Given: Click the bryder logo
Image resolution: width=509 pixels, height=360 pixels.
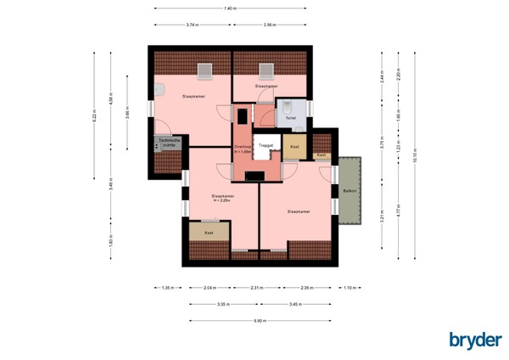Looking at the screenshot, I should click(474, 340).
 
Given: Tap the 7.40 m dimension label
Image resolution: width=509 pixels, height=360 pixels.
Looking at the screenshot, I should click(229, 8).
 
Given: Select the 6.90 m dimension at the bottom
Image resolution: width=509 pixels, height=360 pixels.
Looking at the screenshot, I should click(260, 320).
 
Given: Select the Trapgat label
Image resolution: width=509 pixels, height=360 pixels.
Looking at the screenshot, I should click(266, 147).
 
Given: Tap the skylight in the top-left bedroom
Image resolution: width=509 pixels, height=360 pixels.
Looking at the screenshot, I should click(204, 70).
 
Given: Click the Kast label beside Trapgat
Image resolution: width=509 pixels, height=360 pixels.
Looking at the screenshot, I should click(294, 147).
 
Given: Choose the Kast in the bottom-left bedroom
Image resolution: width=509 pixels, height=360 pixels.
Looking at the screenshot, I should click(209, 231).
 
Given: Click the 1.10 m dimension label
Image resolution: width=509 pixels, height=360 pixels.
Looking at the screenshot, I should click(350, 288).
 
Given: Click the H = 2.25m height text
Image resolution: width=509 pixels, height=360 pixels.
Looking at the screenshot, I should click(222, 200).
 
